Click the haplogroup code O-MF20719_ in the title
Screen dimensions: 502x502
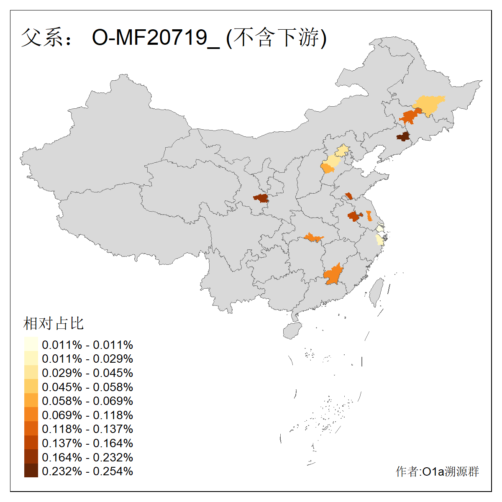[x=156, y=38]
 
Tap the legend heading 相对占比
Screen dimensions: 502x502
[x=54, y=323]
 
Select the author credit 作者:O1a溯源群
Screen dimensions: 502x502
[x=437, y=472]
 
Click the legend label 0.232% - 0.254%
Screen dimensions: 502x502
[x=87, y=471]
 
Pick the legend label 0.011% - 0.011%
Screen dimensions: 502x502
[x=87, y=345]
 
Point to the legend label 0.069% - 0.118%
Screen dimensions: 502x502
[x=87, y=415]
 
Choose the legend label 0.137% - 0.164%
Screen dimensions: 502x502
[x=87, y=443]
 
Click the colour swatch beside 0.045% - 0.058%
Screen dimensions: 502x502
[x=31, y=387]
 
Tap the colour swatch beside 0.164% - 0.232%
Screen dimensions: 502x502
[x=31, y=457]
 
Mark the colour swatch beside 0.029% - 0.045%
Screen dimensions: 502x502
[x=31, y=373]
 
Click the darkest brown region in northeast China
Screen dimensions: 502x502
[x=403, y=136]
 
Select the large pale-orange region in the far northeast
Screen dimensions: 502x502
[x=429, y=105]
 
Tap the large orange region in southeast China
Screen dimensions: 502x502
[x=333, y=275]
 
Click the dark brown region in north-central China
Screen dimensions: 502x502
[x=261, y=198]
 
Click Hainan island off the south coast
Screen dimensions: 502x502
[x=292, y=330]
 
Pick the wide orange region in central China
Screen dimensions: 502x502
[x=313, y=238]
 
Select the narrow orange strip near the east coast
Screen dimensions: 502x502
[x=369, y=216]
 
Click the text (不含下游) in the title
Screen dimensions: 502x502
[x=276, y=38]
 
